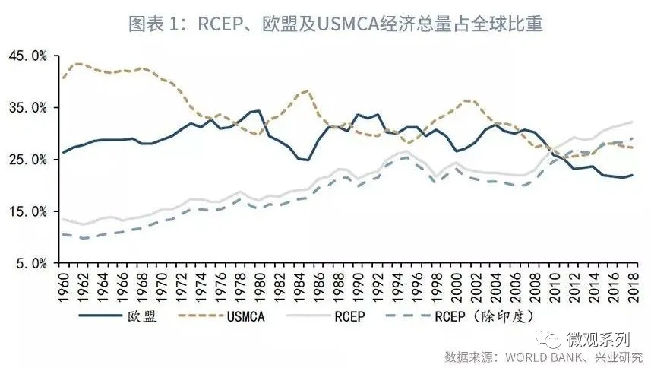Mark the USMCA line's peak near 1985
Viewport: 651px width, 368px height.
[x=306, y=90]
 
